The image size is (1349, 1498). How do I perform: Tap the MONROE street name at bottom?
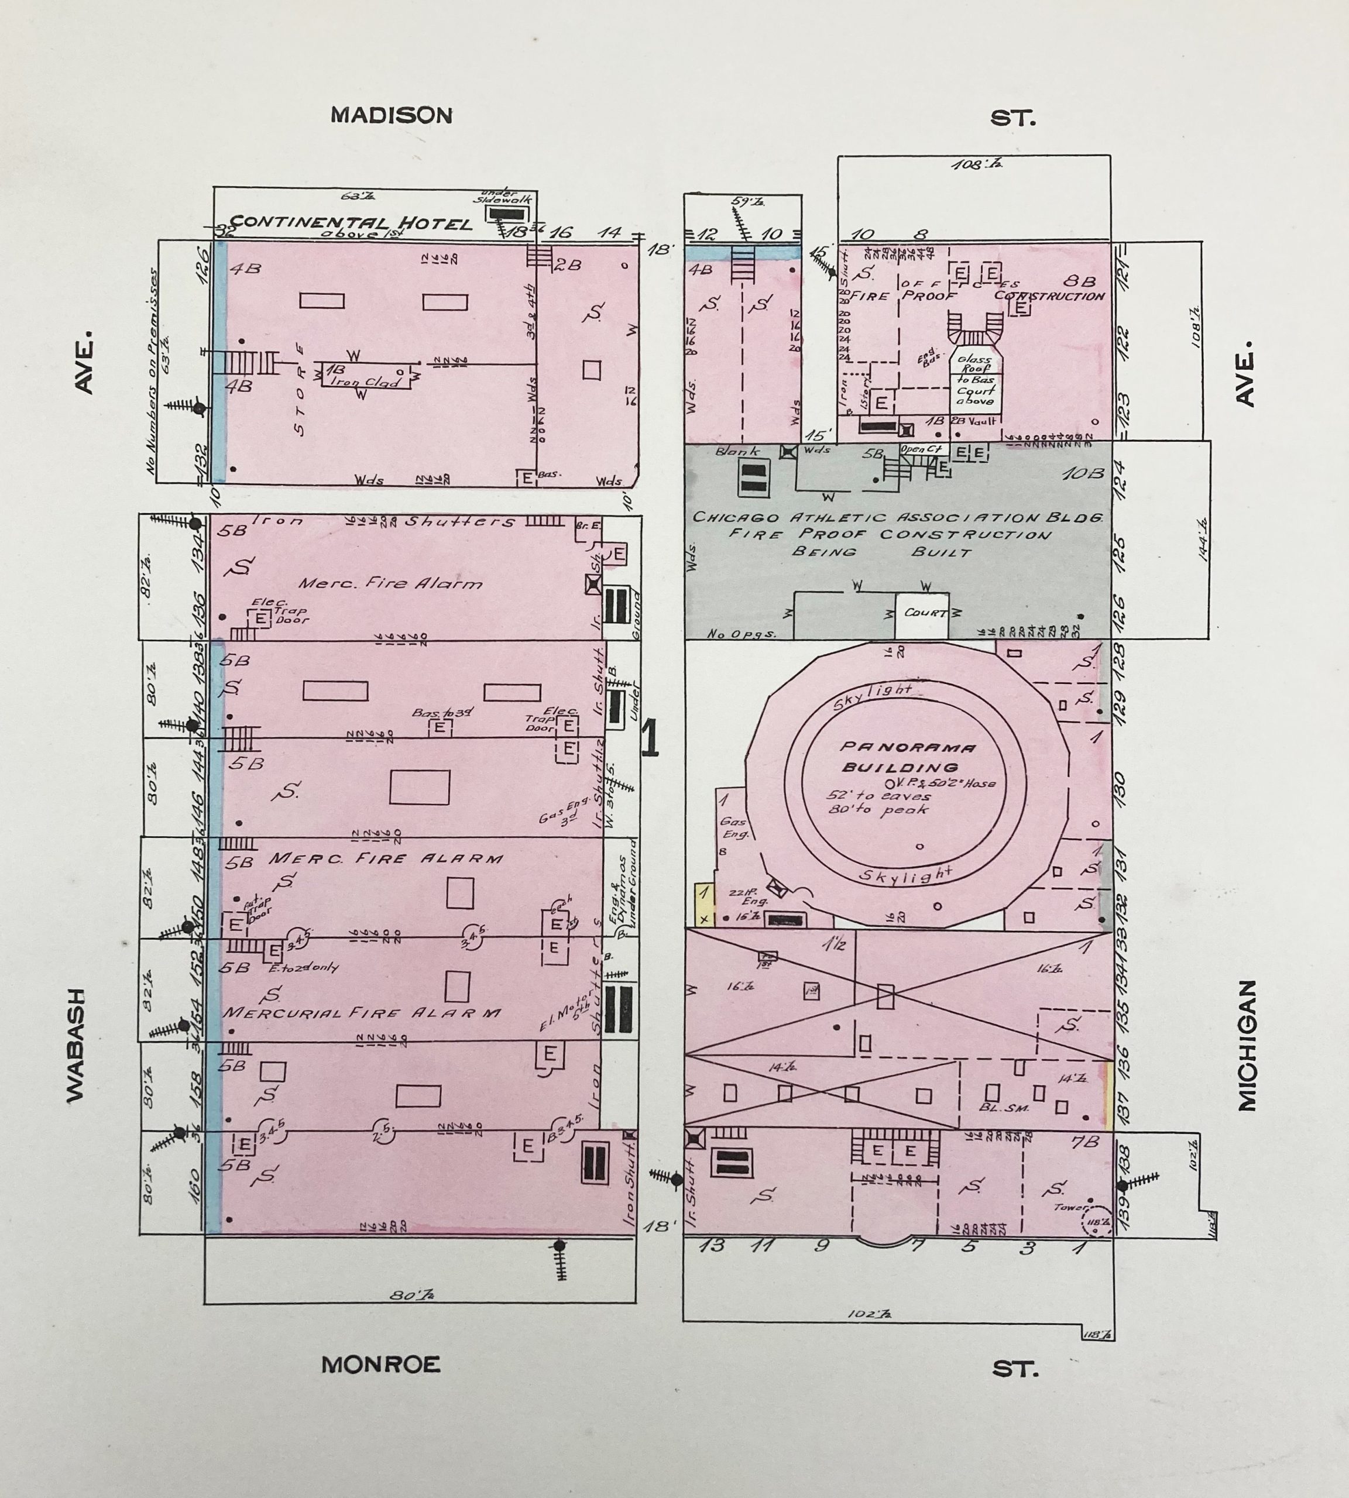pos(380,1365)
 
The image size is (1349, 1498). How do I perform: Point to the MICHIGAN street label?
pos(1247,1045)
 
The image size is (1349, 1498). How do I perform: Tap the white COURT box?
pos(922,613)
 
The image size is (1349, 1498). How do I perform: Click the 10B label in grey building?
pos(1084,473)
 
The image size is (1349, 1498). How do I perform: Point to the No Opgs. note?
pos(731,634)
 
